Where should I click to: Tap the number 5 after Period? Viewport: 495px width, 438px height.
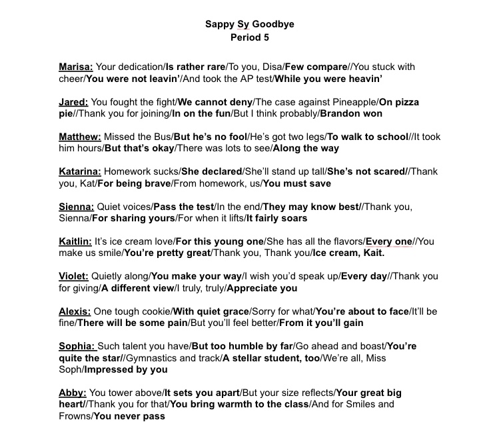[264, 37]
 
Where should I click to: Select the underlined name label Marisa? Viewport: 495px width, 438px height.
[76, 67]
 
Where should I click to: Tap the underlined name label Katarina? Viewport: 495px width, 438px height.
[80, 171]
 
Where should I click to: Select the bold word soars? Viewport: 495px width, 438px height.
[292, 218]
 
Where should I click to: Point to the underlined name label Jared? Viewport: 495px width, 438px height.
[73, 102]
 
